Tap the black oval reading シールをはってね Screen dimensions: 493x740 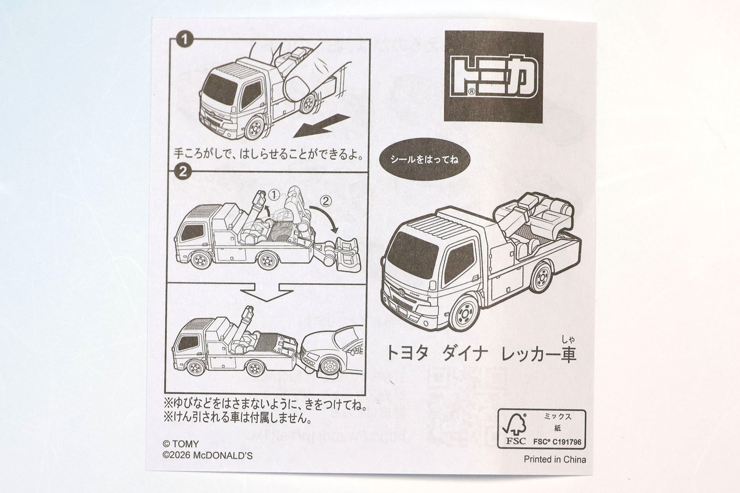point(424,159)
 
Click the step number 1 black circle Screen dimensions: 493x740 point(184,40)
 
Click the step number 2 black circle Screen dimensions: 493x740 point(183,172)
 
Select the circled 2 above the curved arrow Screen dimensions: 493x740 point(326,200)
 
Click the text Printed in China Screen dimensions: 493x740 point(555,459)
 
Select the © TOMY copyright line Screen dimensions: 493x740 point(181,444)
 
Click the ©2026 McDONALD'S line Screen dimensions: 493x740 point(208,455)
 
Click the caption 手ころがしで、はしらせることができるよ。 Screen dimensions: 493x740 point(268,154)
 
